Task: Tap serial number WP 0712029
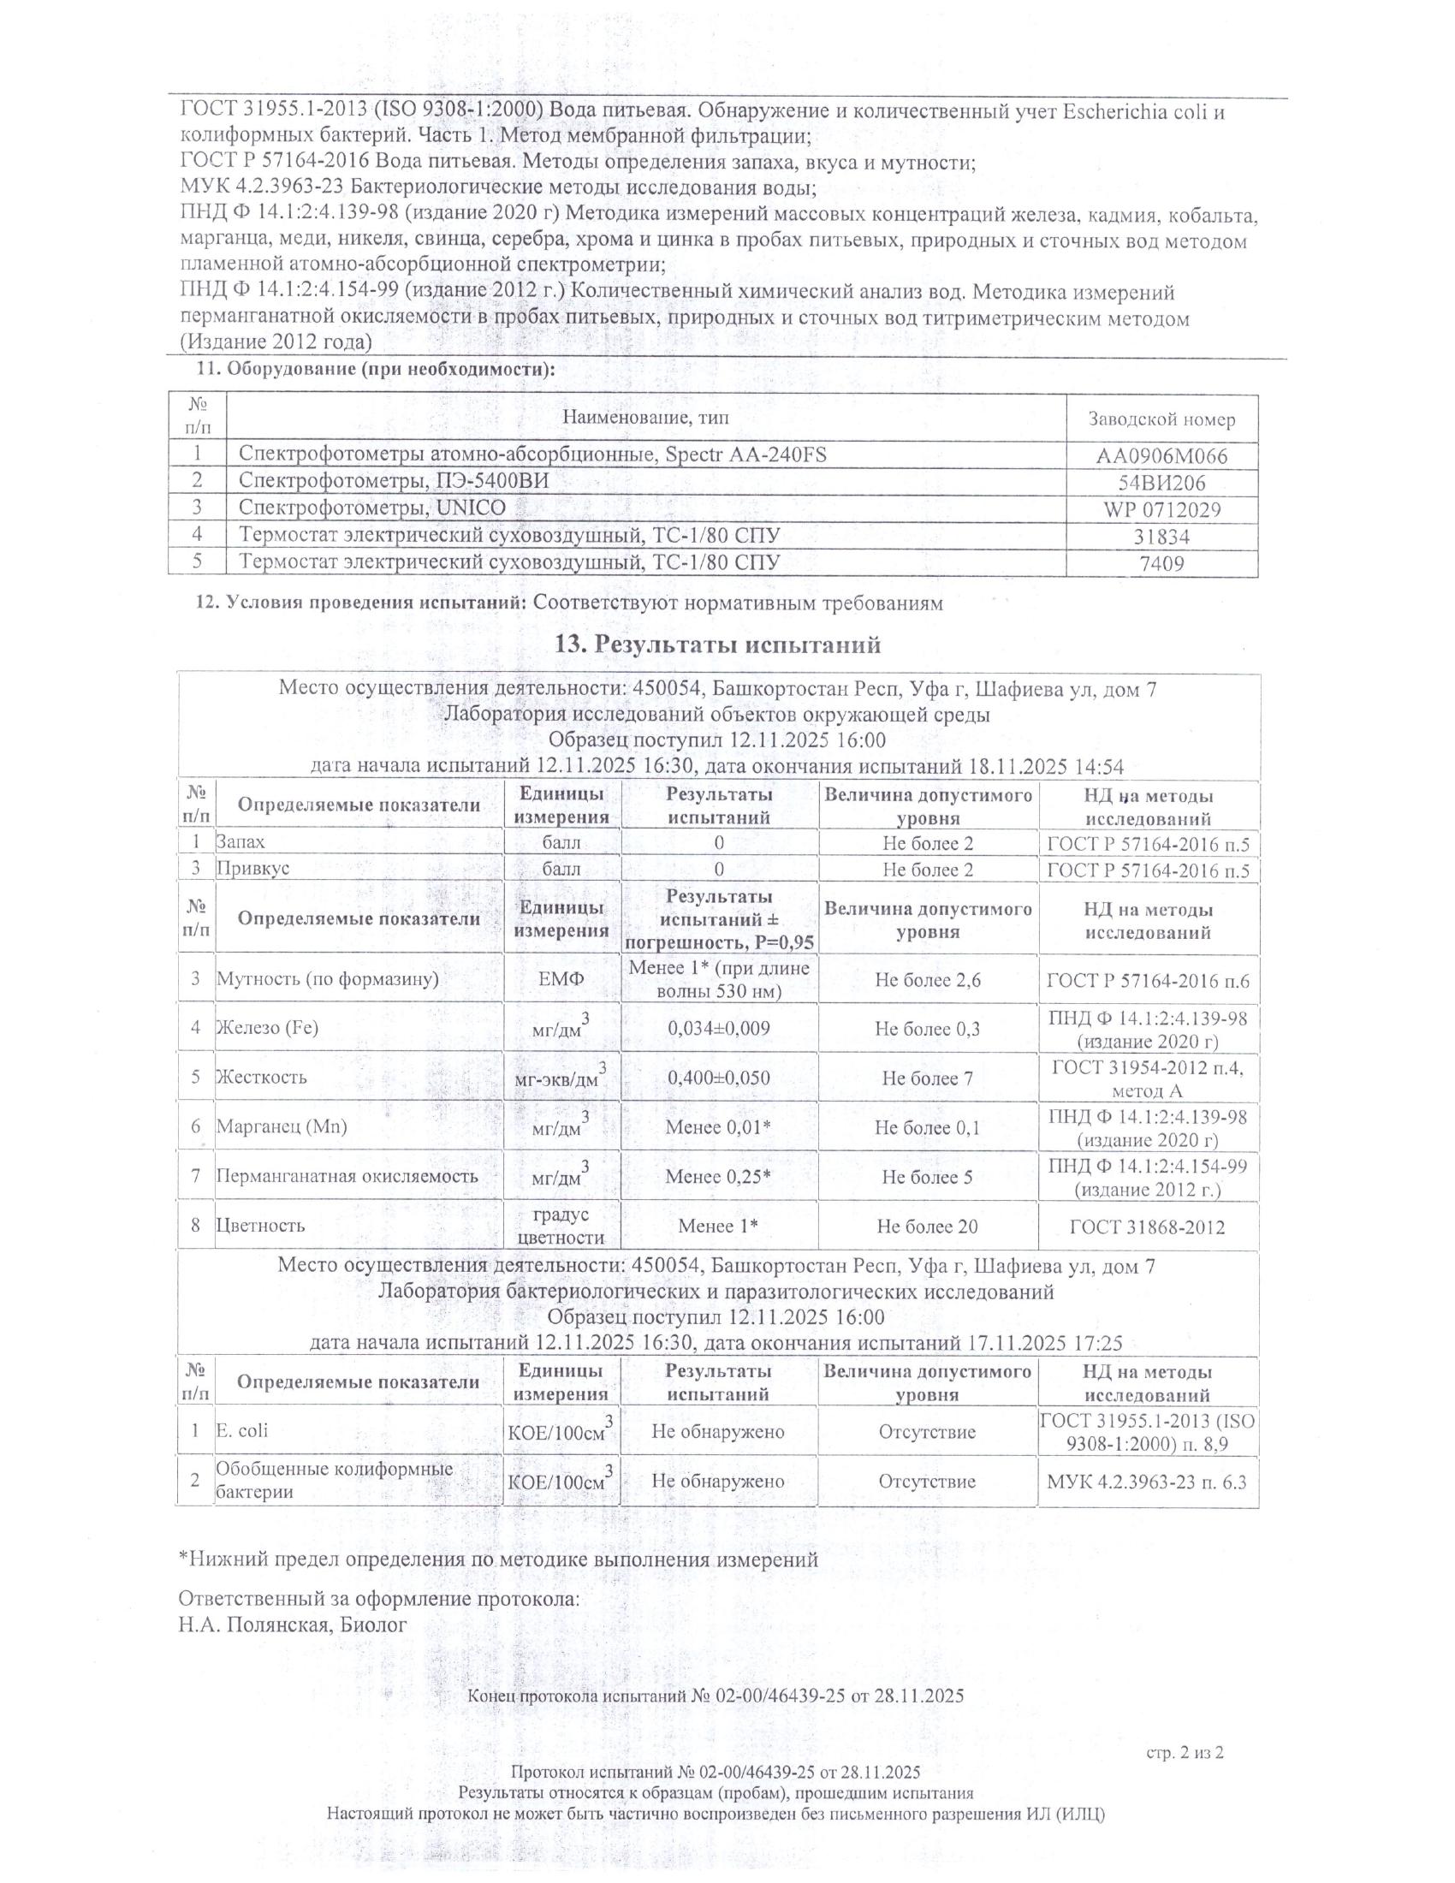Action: click(1161, 509)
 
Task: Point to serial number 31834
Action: click(1161, 537)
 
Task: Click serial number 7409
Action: click(1161, 564)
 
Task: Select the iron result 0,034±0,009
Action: click(719, 1028)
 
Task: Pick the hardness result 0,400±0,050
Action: click(719, 1078)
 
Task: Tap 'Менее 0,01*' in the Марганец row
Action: click(719, 1127)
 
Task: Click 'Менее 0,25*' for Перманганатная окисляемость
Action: click(719, 1177)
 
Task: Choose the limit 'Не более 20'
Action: click(928, 1226)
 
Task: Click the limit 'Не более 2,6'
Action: click(928, 979)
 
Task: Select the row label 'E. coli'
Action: click(242, 1430)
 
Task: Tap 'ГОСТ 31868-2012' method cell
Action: click(1147, 1226)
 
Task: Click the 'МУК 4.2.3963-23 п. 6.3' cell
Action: click(1147, 1482)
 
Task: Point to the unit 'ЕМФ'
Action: click(561, 979)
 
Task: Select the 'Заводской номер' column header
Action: click(1161, 420)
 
